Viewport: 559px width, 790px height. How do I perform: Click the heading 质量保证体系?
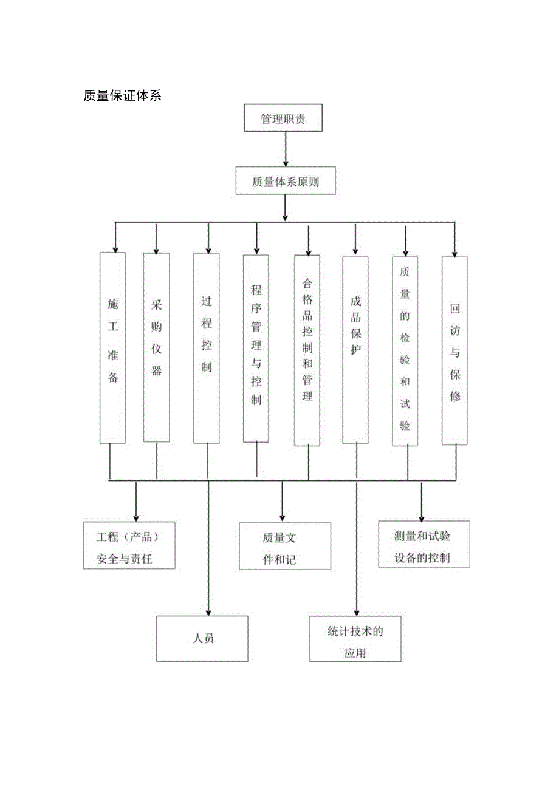click(x=122, y=96)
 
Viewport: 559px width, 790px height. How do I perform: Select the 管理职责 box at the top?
click(x=283, y=118)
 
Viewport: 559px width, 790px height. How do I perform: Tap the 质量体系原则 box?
click(x=285, y=181)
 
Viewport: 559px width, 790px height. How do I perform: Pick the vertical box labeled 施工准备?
click(x=112, y=347)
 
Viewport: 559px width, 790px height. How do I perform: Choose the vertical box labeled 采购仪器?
click(x=156, y=347)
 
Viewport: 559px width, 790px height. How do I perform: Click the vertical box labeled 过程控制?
click(x=207, y=348)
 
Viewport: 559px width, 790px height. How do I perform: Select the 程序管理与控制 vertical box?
click(x=256, y=348)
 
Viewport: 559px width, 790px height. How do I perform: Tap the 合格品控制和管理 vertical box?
click(x=307, y=350)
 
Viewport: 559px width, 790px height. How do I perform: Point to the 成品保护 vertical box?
click(x=355, y=350)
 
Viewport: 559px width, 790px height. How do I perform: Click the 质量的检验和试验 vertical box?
click(x=405, y=351)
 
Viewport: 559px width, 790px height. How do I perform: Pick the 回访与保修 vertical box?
click(x=454, y=351)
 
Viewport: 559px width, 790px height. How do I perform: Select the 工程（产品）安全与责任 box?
click(x=129, y=545)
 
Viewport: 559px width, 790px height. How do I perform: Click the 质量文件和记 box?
click(x=285, y=546)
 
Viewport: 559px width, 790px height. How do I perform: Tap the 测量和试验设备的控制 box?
click(x=424, y=545)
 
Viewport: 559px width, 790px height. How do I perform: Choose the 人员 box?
click(x=202, y=638)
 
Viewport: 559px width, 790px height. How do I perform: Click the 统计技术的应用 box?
click(x=355, y=639)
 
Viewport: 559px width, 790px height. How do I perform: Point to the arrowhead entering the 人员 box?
click(x=208, y=612)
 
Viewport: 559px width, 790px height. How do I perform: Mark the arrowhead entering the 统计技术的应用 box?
click(x=357, y=613)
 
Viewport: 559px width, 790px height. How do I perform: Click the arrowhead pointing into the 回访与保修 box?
click(x=454, y=252)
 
